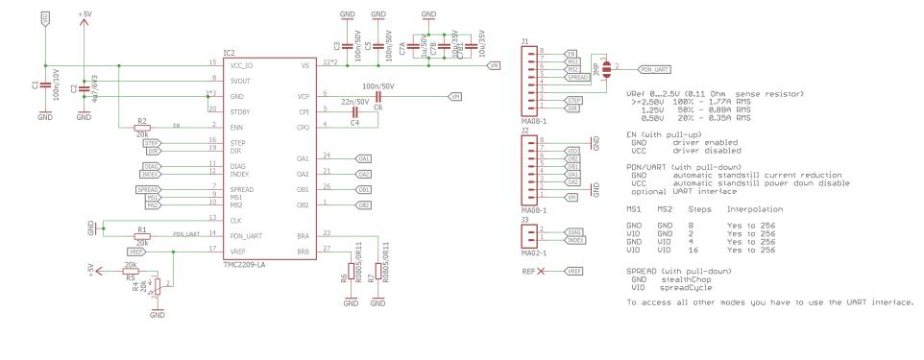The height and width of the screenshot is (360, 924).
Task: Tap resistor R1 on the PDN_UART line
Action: point(141,236)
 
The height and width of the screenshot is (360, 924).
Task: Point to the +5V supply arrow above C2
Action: point(84,23)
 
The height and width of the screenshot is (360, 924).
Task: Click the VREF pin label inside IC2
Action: point(236,251)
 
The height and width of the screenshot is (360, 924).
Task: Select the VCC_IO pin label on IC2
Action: point(241,63)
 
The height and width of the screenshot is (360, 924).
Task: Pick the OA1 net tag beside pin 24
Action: point(364,157)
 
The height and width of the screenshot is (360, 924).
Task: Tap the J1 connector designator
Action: point(525,40)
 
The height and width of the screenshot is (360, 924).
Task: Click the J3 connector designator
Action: point(525,220)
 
